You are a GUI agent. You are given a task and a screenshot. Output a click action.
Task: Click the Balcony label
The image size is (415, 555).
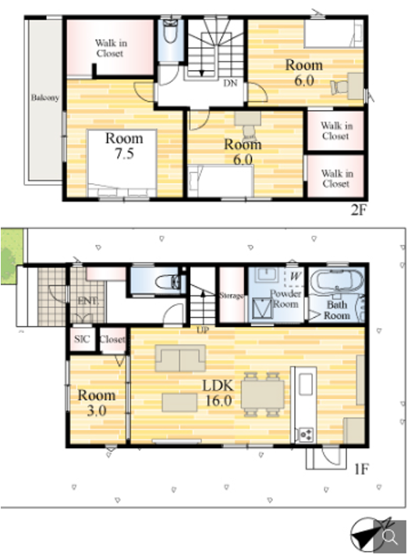click(x=44, y=97)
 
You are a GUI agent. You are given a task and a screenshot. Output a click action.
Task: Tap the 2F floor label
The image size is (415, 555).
click(x=358, y=210)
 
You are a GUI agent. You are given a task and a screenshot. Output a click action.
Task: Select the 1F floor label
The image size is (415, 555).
click(x=361, y=469)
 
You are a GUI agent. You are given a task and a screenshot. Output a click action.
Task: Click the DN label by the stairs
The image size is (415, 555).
click(x=230, y=83)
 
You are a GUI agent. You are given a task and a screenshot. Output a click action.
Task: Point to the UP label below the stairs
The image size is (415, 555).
click(x=203, y=331)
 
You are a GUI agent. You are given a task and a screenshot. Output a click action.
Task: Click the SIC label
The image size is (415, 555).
click(x=82, y=339)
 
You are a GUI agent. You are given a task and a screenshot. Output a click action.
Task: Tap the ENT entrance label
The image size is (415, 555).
click(x=87, y=301)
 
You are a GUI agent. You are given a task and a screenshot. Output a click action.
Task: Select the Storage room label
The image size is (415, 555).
click(x=231, y=295)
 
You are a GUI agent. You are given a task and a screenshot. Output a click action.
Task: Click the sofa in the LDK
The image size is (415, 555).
click(x=180, y=359)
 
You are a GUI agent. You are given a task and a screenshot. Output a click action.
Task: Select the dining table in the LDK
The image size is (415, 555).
click(x=262, y=394)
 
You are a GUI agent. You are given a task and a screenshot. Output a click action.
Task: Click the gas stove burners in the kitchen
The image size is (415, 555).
click(x=306, y=434)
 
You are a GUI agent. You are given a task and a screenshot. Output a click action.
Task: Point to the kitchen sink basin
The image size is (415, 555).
click(x=306, y=384)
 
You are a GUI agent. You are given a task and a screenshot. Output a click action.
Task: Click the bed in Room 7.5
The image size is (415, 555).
click(x=122, y=163)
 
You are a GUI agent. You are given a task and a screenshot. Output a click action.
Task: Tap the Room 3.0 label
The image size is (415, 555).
click(x=97, y=402)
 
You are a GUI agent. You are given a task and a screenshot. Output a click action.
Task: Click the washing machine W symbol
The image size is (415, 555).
click(x=296, y=276)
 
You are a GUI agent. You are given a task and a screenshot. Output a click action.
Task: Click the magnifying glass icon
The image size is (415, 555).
click(x=390, y=537)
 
